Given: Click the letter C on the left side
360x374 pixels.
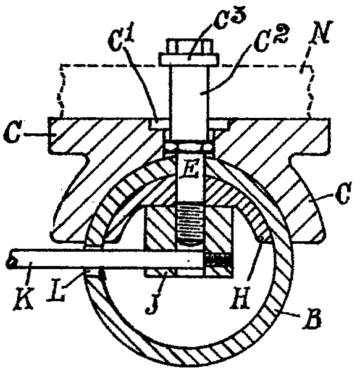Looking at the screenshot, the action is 11,135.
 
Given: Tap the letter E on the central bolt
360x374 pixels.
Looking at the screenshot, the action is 191,171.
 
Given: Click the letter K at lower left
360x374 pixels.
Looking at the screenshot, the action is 25,298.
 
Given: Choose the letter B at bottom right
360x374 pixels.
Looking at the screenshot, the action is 311,319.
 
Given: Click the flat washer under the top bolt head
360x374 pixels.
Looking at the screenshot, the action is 190,59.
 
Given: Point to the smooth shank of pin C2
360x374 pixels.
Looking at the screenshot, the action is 190,102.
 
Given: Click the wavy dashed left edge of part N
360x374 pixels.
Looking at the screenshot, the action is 62,91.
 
